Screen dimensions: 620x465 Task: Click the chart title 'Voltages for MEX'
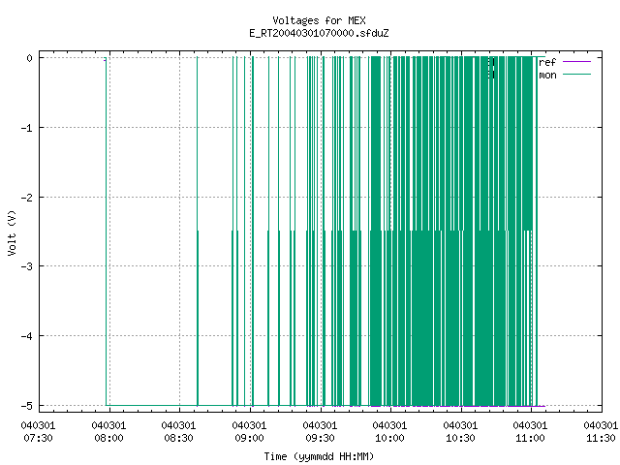click(x=319, y=20)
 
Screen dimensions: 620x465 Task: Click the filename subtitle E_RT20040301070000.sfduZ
click(x=319, y=33)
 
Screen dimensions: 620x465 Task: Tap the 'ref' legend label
click(x=547, y=62)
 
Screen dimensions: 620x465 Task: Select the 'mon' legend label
click(x=547, y=75)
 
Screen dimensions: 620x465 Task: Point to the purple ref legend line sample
click(x=576, y=62)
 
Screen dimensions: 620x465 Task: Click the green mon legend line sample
click(x=576, y=75)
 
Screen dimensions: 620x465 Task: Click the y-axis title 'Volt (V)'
click(x=12, y=232)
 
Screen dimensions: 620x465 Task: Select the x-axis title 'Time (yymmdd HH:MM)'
click(x=319, y=456)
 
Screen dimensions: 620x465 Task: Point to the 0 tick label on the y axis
click(x=30, y=58)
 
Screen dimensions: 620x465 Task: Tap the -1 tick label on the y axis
click(x=27, y=128)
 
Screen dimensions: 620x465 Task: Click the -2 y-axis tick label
click(x=27, y=198)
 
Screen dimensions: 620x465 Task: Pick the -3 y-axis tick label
click(x=27, y=266)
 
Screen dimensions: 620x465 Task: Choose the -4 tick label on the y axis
click(x=27, y=336)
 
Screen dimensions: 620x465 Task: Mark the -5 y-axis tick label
click(x=27, y=406)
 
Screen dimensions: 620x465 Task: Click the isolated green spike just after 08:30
click(x=198, y=232)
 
